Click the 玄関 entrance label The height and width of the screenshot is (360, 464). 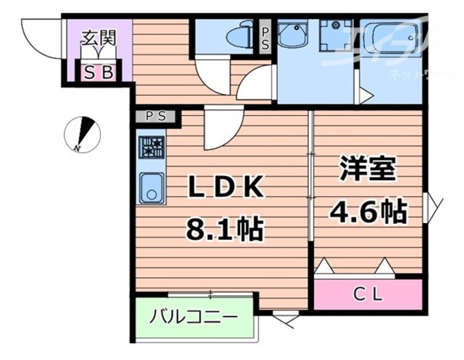click(x=99, y=38)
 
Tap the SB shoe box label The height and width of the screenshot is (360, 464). click(x=99, y=72)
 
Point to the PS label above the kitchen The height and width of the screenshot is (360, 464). click(x=156, y=117)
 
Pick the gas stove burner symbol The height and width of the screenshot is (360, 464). click(x=151, y=147)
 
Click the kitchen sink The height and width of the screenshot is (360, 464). click(x=151, y=187)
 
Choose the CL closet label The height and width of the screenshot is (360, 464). click(x=367, y=295)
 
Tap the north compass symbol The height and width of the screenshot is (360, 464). click(x=82, y=133)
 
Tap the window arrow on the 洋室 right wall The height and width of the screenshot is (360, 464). click(x=433, y=203)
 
